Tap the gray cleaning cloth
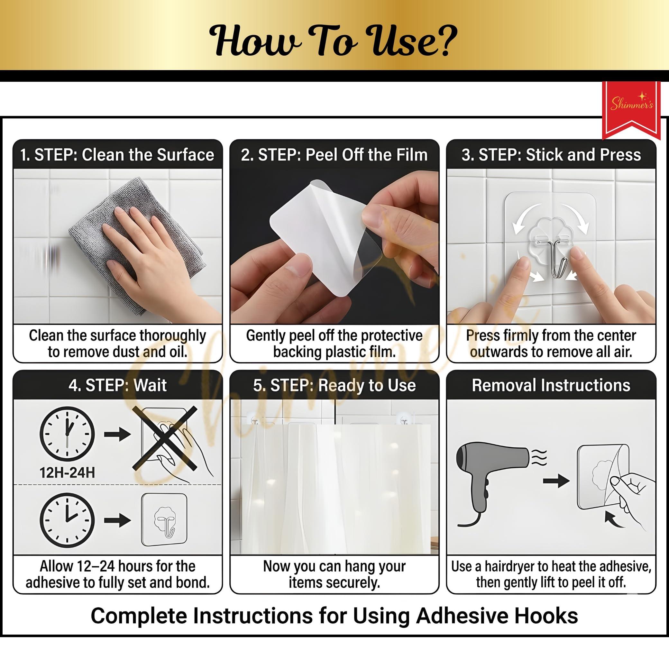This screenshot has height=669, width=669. tap(135, 243)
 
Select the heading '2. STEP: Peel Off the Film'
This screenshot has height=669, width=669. tap(334, 155)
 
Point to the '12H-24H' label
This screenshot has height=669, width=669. tap(67, 472)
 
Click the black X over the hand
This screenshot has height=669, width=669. tap(164, 438)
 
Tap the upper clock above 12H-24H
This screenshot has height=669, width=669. tap(67, 434)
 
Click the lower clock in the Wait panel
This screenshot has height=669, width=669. tap(67, 520)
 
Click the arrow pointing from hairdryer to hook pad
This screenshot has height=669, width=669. tap(556, 481)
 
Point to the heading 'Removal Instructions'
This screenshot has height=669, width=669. tap(551, 385)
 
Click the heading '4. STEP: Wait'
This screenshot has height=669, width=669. tap(118, 385)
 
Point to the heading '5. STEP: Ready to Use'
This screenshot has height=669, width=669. tap(334, 385)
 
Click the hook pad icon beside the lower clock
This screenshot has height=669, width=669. tap(164, 520)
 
